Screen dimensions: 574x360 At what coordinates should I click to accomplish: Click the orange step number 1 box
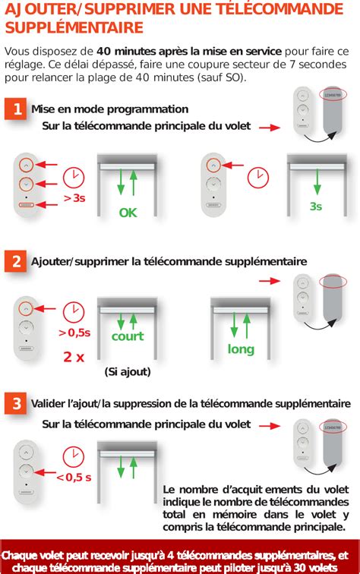[14, 109]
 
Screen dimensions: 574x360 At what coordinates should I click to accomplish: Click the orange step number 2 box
[14, 262]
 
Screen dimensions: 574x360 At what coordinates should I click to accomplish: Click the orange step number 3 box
[14, 403]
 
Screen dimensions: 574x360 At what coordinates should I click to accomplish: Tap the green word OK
[128, 213]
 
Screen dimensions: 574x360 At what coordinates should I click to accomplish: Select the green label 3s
[316, 206]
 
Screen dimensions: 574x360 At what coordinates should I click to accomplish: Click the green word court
[128, 336]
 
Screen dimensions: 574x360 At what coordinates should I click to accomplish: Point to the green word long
[241, 348]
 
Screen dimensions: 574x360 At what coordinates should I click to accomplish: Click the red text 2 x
[74, 356]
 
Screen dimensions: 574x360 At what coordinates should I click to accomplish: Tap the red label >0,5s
[74, 333]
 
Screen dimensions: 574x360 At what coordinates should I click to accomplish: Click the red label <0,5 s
[74, 477]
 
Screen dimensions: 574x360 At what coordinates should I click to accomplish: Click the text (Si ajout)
[128, 371]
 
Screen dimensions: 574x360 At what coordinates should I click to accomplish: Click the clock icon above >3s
[74, 176]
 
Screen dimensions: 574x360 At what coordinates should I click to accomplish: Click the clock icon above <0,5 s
[74, 456]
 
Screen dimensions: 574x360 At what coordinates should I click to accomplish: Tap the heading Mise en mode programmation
[109, 109]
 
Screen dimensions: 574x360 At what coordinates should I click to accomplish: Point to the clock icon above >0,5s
[74, 311]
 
